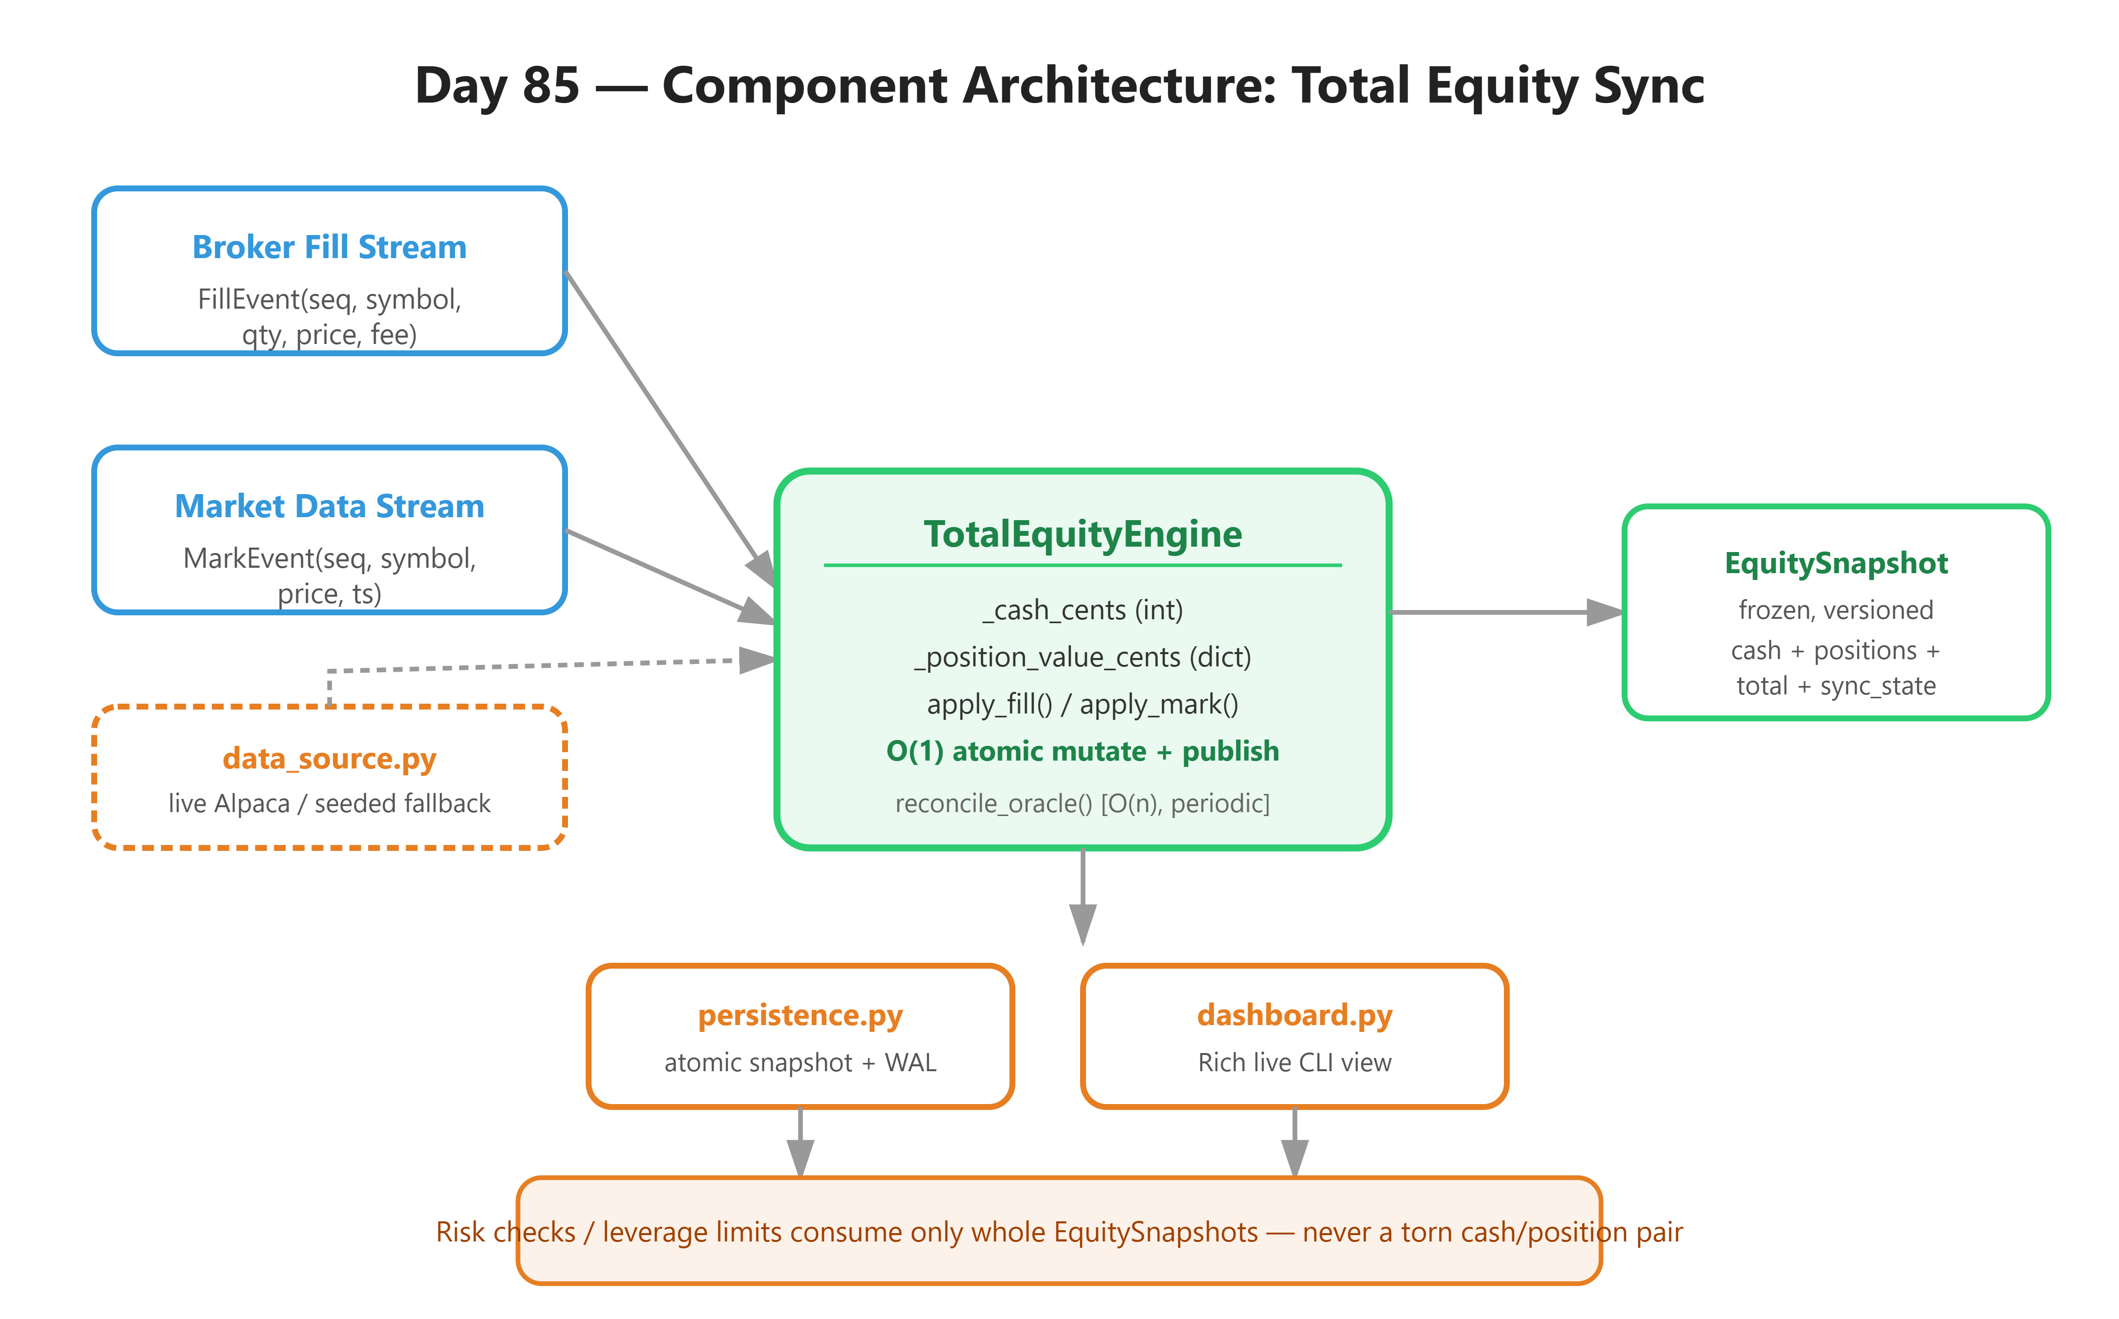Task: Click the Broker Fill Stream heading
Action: tap(330, 248)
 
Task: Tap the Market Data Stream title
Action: tap(330, 507)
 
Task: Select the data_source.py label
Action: tap(330, 759)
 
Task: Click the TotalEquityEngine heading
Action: tap(1083, 534)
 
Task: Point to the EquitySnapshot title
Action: tap(1836, 563)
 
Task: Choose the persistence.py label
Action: tap(801, 1015)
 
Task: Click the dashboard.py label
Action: tap(1295, 1015)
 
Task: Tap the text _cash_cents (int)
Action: tap(1083, 610)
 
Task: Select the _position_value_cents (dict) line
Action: tap(1083, 658)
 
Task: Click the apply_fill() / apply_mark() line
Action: tap(1083, 705)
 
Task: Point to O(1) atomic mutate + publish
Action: tap(1083, 751)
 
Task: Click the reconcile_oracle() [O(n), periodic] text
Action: tap(1083, 803)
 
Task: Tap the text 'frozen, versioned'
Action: tap(1836, 610)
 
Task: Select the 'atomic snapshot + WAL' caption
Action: tap(801, 1062)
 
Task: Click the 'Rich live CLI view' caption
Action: tap(1295, 1062)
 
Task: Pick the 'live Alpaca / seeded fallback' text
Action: tap(330, 803)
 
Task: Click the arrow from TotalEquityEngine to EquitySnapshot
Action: tap(1507, 612)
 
